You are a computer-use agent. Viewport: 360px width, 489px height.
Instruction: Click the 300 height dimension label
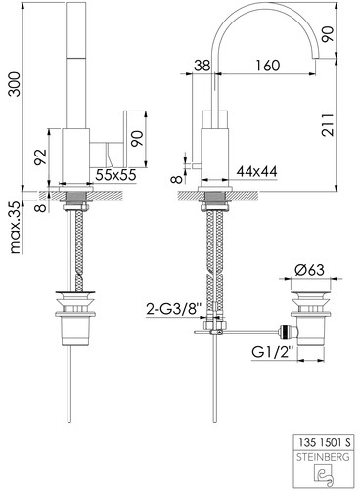(15, 84)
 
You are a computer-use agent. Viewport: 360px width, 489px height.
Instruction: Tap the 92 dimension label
(41, 157)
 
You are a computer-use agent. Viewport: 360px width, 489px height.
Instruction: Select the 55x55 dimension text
(115, 175)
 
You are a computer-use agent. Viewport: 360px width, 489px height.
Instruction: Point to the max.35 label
(16, 228)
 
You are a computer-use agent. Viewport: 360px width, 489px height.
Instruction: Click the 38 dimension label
(202, 66)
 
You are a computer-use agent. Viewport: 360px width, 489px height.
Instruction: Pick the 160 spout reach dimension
(267, 66)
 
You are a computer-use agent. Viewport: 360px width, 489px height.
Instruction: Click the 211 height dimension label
(328, 125)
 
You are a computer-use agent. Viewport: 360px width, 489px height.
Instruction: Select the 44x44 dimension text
(256, 171)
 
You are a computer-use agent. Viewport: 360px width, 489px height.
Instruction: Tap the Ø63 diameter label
(309, 270)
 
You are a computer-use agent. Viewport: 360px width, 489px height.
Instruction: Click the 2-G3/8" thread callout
(171, 309)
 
